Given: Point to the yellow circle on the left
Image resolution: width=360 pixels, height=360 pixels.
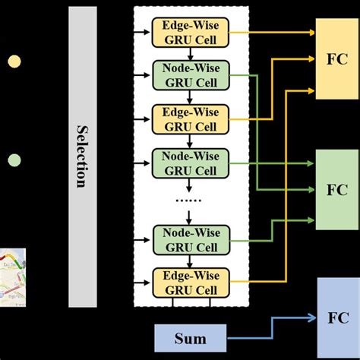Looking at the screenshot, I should point(14,61).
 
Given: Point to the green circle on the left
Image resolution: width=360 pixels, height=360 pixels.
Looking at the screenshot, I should point(14,160).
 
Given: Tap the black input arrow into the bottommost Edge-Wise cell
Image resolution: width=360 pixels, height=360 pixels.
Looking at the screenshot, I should point(143,280).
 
